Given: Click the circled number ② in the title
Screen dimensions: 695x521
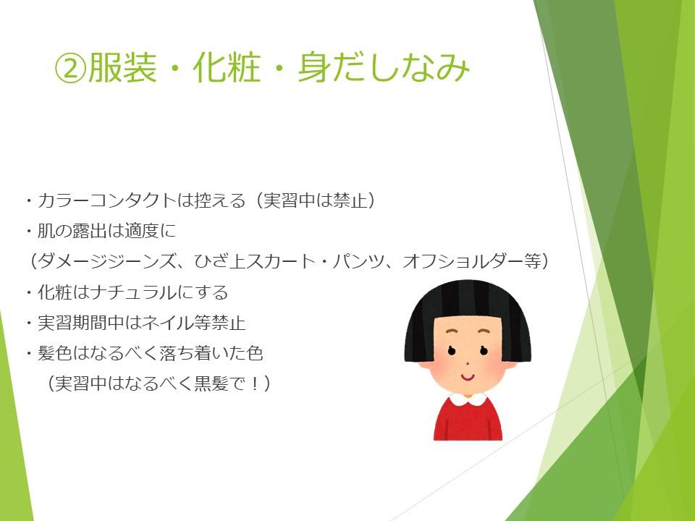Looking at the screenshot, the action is [x=69, y=69].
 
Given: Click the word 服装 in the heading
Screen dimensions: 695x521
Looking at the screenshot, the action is [x=122, y=68].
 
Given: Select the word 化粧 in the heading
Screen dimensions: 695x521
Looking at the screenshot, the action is [x=227, y=68].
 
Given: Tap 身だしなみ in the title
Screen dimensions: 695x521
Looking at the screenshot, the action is [x=384, y=68].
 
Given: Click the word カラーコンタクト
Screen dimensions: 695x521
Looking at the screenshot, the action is [x=107, y=200].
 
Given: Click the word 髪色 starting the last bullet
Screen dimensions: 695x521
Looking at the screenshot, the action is [x=55, y=353].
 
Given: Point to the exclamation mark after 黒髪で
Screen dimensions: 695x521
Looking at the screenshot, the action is [x=255, y=384].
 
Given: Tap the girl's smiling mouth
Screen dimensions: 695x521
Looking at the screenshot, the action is [x=467, y=378].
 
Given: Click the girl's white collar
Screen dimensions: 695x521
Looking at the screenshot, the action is [x=468, y=400].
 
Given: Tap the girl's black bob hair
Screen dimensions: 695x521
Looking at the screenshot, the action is [x=468, y=305].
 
